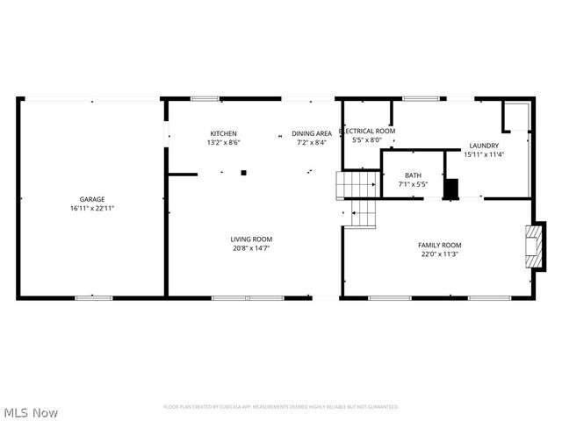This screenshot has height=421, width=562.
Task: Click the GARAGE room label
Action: click(x=92, y=199)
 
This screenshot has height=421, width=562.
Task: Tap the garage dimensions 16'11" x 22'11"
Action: click(x=92, y=209)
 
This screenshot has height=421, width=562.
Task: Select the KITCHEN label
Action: click(x=223, y=133)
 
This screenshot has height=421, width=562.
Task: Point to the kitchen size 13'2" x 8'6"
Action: click(x=223, y=142)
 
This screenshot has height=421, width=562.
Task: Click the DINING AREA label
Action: click(x=312, y=133)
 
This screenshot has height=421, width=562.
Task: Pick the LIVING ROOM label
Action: click(x=251, y=239)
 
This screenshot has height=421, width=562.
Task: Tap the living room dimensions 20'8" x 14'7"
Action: click(x=251, y=248)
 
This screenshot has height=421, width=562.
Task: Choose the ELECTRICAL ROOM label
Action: click(x=367, y=131)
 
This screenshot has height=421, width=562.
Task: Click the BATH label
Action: click(x=413, y=175)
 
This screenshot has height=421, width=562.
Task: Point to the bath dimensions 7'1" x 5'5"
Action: click(x=413, y=185)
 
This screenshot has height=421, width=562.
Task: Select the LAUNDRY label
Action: click(x=484, y=146)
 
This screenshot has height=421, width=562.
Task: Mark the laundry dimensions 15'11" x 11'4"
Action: click(x=484, y=155)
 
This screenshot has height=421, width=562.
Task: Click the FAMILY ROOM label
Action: click(x=440, y=245)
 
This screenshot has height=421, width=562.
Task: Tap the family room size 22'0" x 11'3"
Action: click(x=440, y=254)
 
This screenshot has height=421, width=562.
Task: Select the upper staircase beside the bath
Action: click(x=357, y=185)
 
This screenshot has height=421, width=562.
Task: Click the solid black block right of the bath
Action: click(x=451, y=189)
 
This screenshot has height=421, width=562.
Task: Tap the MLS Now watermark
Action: click(x=32, y=412)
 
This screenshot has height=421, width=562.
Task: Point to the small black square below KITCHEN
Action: click(x=244, y=173)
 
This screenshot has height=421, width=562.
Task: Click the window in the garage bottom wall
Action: click(x=94, y=298)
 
